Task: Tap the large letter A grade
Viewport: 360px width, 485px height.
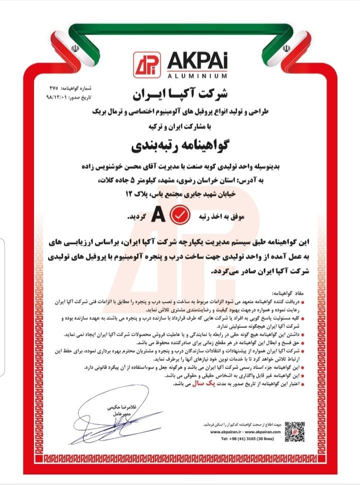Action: (x=158, y=216)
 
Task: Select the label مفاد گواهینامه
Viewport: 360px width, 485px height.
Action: (x=296, y=293)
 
